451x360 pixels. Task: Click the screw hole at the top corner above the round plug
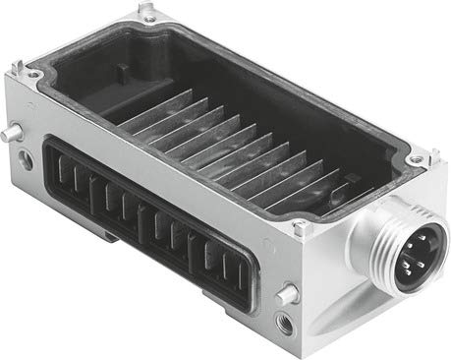[x=415, y=159]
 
